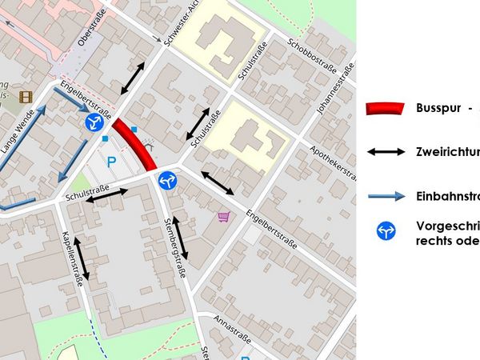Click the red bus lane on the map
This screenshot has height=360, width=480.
click(134, 144)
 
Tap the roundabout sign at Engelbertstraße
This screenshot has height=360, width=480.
click(95, 122)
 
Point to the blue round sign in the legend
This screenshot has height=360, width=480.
click(386, 232)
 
